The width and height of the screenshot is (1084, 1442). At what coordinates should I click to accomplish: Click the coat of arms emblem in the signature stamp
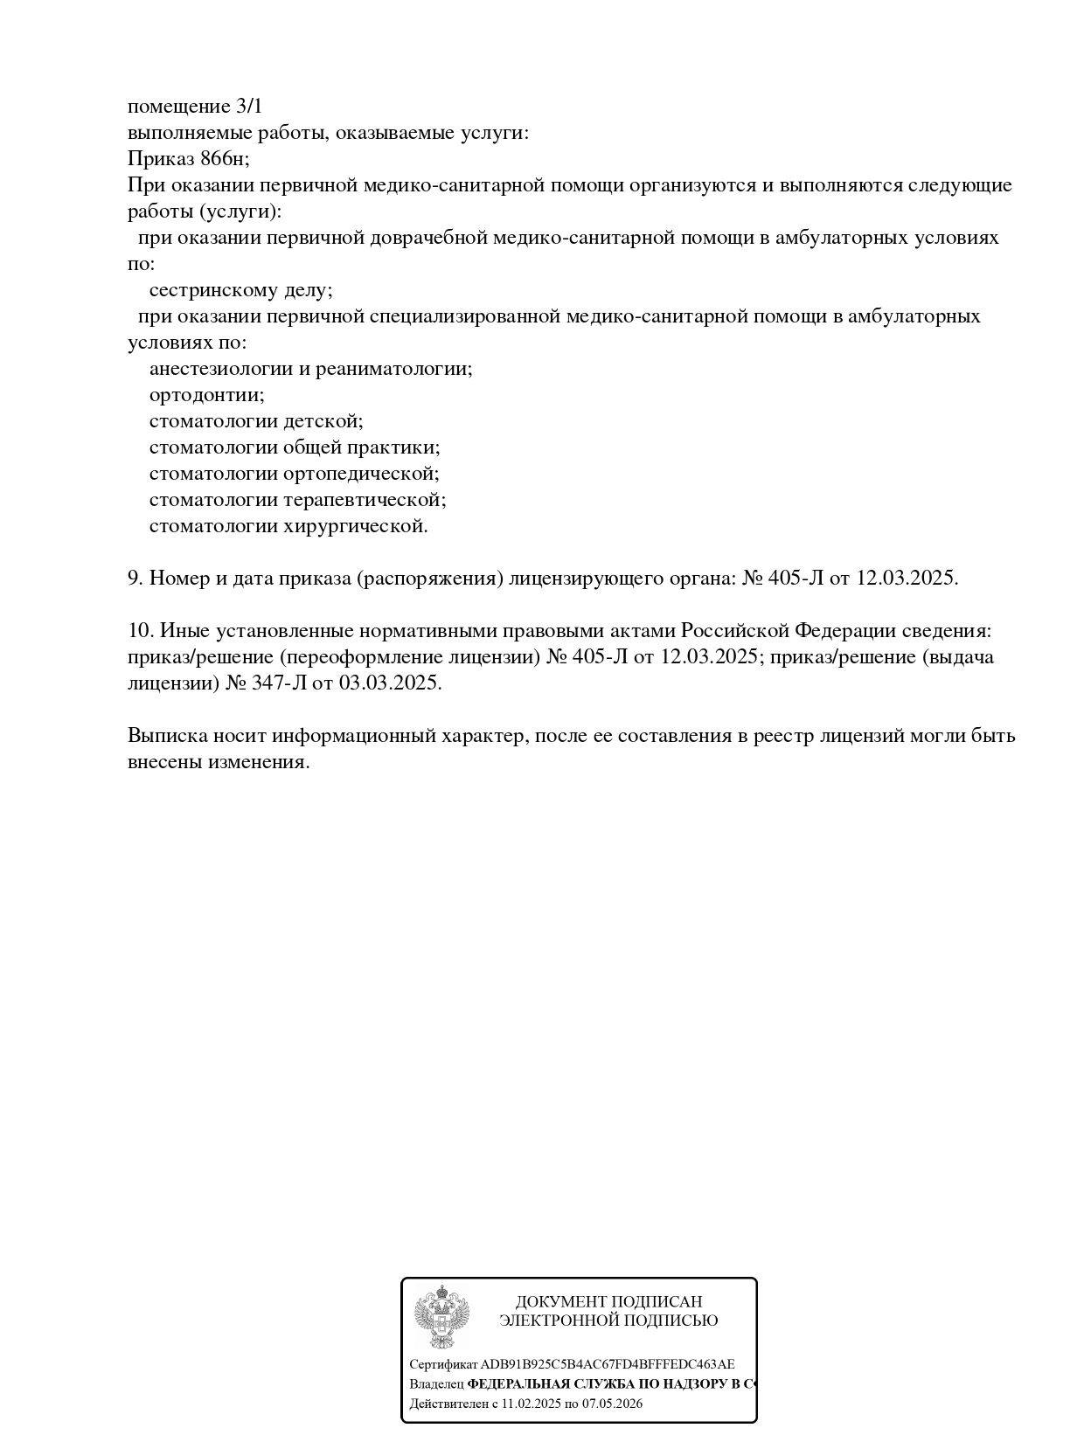441,1317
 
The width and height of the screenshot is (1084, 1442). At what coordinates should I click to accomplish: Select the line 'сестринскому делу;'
240,290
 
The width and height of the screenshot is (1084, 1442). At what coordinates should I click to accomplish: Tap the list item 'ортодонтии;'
206,395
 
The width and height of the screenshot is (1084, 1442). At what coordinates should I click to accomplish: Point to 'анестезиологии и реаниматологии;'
310,369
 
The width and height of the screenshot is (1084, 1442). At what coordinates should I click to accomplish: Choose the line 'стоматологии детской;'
256,421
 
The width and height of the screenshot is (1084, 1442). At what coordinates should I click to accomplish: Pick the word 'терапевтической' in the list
365,500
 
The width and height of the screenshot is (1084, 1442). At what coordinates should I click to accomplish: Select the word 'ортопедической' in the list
360,474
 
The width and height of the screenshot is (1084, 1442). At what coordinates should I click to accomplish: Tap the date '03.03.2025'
390,683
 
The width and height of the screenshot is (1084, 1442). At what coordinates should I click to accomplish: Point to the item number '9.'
135,579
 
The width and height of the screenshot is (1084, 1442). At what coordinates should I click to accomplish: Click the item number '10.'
141,631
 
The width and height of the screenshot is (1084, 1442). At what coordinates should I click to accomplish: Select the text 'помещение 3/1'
195,107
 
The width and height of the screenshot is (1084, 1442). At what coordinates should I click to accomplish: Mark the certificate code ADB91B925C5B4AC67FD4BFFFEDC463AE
608,1364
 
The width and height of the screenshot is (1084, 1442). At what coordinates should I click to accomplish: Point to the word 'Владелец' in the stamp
436,1384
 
